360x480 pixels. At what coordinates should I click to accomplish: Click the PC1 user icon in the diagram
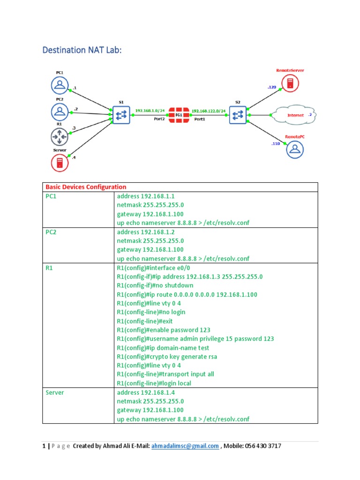coord(60,85)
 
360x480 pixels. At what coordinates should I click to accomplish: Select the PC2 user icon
coord(60,112)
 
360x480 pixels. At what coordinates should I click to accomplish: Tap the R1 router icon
coord(60,137)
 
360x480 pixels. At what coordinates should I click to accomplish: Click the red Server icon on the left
coord(60,163)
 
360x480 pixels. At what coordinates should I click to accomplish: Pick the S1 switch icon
coord(120,114)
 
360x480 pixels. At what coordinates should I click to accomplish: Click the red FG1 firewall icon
coord(179,114)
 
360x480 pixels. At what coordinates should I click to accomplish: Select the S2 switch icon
coord(238,114)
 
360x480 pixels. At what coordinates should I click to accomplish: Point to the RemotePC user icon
coord(295,149)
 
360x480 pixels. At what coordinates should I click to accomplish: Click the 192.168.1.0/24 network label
coord(150,111)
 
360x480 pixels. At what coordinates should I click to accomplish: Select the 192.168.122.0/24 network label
coord(209,111)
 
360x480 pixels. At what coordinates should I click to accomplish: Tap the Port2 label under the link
coord(159,119)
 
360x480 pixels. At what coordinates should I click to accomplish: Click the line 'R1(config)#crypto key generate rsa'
coord(166,357)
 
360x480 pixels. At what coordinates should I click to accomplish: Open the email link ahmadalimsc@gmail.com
coord(185,446)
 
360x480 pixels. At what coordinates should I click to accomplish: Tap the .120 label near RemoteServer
coord(272,87)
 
